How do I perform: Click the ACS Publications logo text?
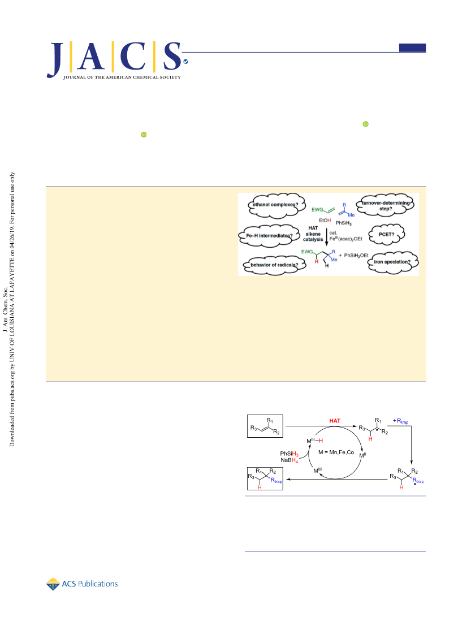tap(90, 584)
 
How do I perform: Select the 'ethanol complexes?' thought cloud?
tap(276, 205)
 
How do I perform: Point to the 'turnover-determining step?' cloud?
tap(385, 205)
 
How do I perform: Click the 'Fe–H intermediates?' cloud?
tap(269, 236)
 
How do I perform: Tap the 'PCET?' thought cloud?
tap(386, 235)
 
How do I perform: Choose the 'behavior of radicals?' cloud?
tap(274, 265)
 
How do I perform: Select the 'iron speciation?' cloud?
tap(392, 262)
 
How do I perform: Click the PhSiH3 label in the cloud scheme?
tap(344, 223)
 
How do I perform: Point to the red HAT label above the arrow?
tap(335, 421)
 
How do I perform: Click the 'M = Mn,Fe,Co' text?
tap(336, 452)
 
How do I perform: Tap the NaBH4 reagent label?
tap(289, 460)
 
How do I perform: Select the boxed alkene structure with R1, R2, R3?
tap(265, 426)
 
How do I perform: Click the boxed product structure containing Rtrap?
tap(265, 478)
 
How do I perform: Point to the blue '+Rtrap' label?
tap(400, 421)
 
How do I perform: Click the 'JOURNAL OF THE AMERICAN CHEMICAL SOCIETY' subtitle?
tap(122, 77)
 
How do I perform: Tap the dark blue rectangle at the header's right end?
tap(412, 48)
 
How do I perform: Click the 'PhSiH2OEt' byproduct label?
tap(356, 256)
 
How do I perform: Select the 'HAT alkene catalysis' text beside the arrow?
tap(313, 234)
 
